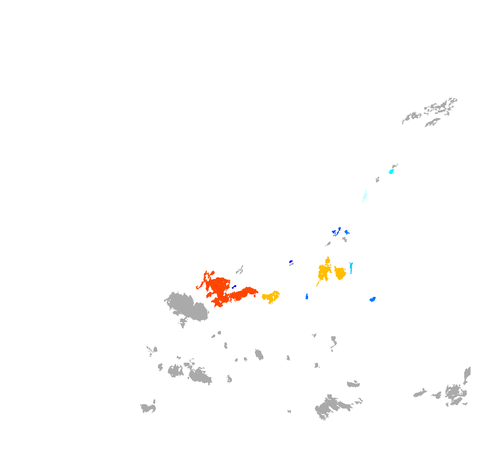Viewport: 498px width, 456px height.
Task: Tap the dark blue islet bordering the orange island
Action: [x=234, y=287]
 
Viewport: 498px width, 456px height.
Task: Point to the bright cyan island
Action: [x=391, y=171]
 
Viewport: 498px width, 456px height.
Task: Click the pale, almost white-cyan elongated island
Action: [x=365, y=196]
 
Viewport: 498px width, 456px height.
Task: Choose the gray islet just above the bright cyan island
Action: [x=395, y=166]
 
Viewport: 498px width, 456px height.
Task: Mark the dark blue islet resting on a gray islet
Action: [x=291, y=262]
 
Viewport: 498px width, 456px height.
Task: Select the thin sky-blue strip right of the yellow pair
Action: [x=351, y=267]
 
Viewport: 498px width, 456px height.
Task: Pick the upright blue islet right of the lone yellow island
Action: [x=307, y=297]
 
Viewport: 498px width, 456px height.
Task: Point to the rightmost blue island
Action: [x=373, y=299]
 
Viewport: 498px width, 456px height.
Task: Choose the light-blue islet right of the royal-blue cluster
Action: [x=346, y=232]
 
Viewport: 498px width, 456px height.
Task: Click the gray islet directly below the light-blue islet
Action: [x=345, y=239]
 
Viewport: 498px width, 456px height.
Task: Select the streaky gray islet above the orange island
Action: [x=240, y=270]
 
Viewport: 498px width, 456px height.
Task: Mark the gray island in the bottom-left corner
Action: [x=148, y=407]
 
